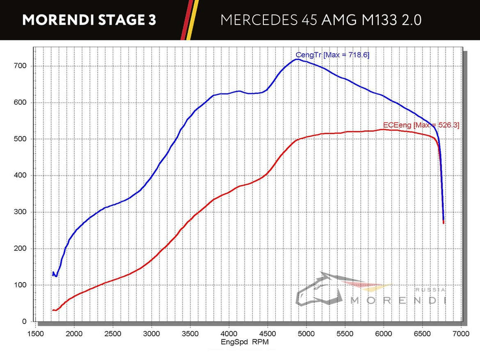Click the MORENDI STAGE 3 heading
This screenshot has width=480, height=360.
click(x=89, y=20)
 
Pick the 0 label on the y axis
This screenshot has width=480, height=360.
click(x=25, y=322)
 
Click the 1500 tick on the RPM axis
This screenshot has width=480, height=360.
click(x=36, y=334)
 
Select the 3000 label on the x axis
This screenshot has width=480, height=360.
click(x=151, y=334)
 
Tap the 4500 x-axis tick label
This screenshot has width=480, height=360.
click(x=267, y=334)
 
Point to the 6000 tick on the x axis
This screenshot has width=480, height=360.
click(x=384, y=334)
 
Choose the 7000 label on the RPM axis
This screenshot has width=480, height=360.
click(x=461, y=334)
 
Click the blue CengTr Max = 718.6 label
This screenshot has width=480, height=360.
click(x=332, y=55)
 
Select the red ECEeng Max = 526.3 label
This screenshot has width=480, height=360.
click(x=421, y=125)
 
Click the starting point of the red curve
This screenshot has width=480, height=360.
click(x=52, y=310)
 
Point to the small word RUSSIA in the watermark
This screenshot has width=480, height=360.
click(x=431, y=290)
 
